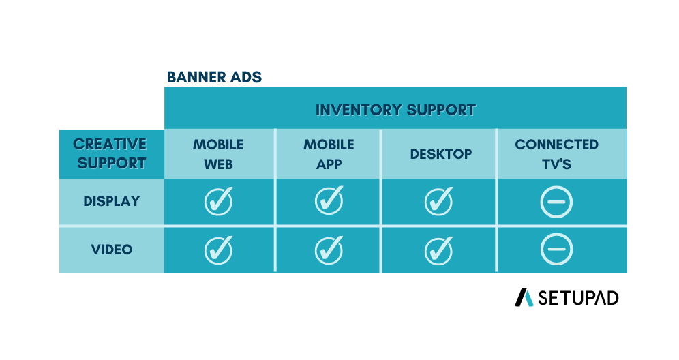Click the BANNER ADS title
[214, 77]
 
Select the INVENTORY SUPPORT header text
[395, 110]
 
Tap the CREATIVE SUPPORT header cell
[112, 154]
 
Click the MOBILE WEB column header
[218, 154]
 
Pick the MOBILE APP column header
[329, 154]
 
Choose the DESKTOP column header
[441, 154]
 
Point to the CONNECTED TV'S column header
[556, 154]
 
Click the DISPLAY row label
[112, 201]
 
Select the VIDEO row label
[112, 250]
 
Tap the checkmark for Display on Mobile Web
[218, 201]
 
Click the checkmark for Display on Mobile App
[329, 200]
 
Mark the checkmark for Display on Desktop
[438, 201]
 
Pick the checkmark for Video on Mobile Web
[218, 250]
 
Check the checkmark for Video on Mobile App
[329, 250]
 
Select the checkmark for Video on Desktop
[438, 251]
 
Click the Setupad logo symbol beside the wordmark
[524, 298]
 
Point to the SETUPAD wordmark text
[578, 298]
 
